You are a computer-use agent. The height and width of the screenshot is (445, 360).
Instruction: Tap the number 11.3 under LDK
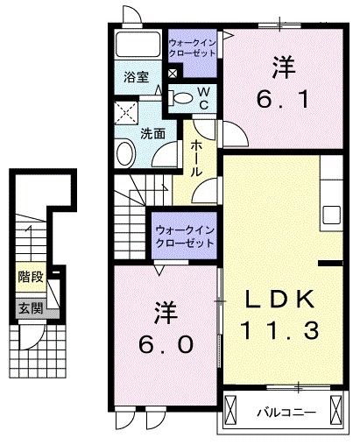[277, 332]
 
